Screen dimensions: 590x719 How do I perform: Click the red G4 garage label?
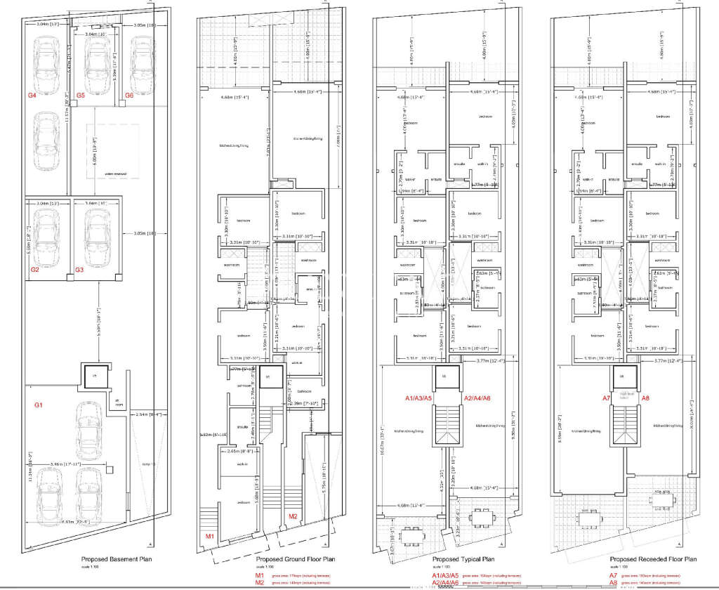coord(31,94)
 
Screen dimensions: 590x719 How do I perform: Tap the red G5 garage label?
coord(80,94)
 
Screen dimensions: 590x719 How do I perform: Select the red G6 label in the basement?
coord(128,94)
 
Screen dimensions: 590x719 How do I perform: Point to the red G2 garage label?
coord(34,269)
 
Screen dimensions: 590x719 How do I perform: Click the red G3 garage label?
coord(79,269)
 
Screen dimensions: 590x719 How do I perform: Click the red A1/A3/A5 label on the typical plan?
coord(420,398)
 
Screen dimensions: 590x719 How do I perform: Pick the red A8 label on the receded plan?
coord(646,398)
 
